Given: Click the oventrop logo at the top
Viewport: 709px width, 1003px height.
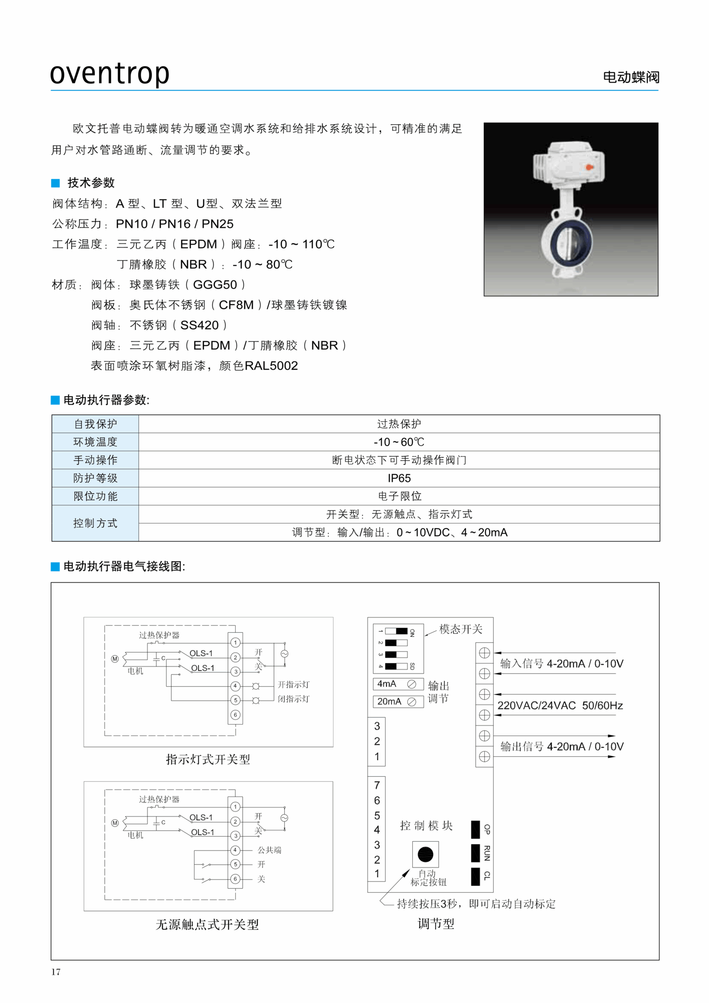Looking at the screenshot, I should pos(110,73).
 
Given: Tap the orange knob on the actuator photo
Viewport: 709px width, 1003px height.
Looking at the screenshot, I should pos(589,167).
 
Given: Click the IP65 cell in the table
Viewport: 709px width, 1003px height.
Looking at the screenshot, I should pos(399,478).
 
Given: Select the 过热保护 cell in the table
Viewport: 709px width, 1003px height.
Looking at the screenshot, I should pos(399,424).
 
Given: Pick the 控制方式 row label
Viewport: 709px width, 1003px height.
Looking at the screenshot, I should pos(95,523).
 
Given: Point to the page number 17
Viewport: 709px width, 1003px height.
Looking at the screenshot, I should pos(56,972).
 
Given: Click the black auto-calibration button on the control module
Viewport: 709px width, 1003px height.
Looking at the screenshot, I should pos(425,854).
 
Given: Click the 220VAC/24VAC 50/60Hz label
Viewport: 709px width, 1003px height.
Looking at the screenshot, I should pos(560,705).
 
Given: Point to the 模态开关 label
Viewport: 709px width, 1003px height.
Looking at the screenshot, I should pos(460,629).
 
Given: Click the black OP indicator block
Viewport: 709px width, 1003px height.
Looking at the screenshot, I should pos(475,829).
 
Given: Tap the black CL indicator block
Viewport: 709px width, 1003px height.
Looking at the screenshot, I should pos(475,876).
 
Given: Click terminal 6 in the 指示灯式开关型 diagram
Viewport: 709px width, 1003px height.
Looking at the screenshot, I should pos(236,715).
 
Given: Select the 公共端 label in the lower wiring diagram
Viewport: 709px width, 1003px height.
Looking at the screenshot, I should pos(269,850).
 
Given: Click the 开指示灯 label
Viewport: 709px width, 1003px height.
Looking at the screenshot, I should pos(293,684).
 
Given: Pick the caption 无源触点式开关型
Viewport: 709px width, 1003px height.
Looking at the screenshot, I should pos(207,925).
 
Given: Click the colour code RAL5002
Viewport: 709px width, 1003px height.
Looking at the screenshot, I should pos(271,366).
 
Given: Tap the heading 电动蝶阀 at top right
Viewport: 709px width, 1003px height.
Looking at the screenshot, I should pos(631,77).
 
